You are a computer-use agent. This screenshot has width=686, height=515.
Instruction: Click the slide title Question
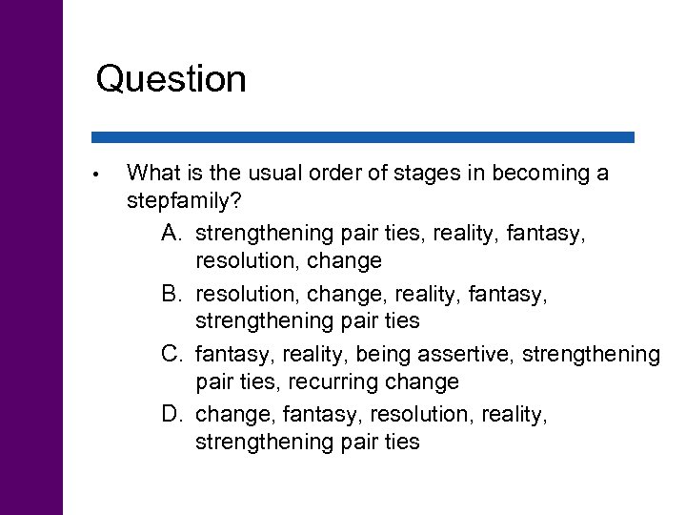171,78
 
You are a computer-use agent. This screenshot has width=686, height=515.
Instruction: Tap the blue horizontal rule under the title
363,137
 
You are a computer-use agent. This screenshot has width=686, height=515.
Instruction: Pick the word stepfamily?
183,202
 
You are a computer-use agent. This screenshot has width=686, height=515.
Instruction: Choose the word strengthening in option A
260,232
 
